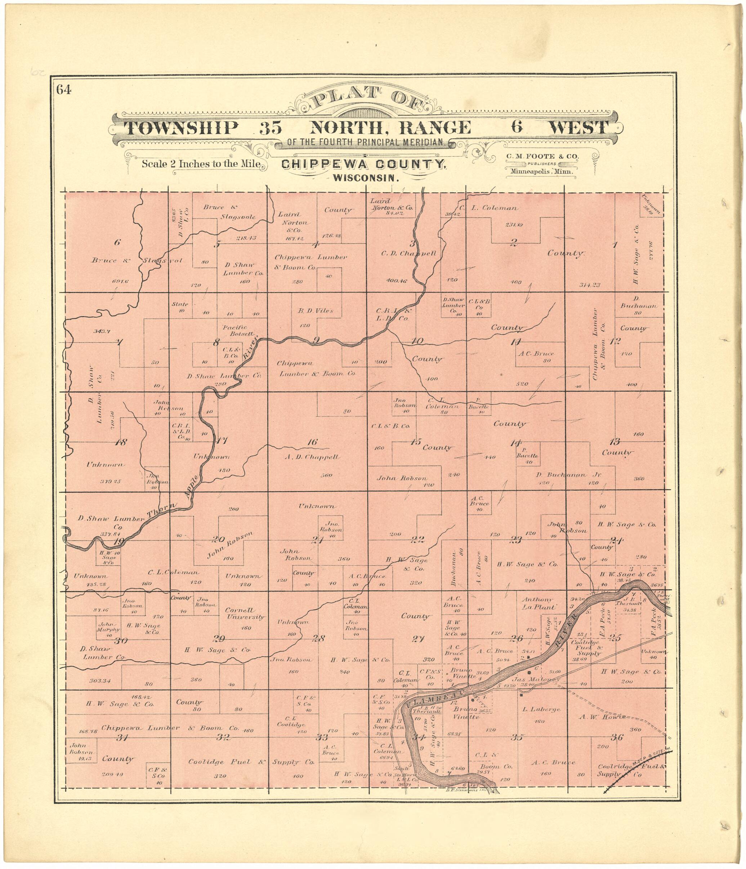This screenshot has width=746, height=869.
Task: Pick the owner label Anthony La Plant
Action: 537,603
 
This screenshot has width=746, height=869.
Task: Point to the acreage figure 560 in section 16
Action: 326,475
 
